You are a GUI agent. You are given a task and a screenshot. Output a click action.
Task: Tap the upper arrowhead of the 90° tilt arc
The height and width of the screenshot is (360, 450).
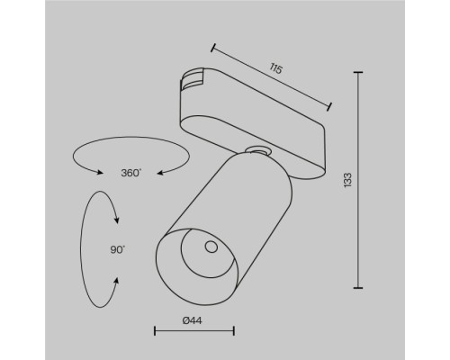click(x=118, y=212)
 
